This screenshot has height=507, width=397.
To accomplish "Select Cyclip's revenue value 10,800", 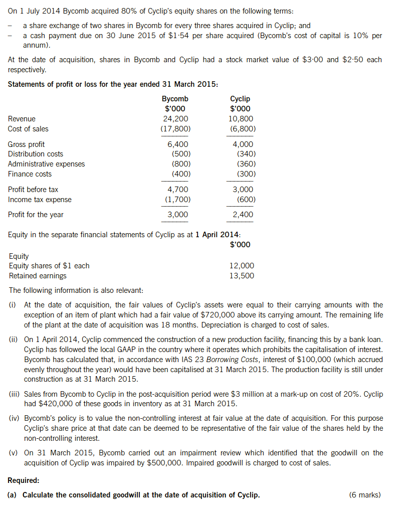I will (x=241, y=119).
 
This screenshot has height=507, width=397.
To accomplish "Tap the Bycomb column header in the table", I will (x=175, y=99).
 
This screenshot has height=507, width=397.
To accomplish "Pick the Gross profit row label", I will (x=26, y=144).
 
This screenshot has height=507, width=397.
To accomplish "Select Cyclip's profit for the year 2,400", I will (x=243, y=215).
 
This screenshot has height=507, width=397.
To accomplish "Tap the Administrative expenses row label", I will (x=46, y=164).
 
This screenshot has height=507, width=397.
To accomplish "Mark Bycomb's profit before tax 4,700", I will (x=177, y=190).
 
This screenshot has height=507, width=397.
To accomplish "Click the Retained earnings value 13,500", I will (x=242, y=276).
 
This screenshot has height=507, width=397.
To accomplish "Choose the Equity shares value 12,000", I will (x=242, y=266).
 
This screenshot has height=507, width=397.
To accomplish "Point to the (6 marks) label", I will (x=364, y=495).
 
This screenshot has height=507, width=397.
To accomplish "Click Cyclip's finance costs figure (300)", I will (x=246, y=174).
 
